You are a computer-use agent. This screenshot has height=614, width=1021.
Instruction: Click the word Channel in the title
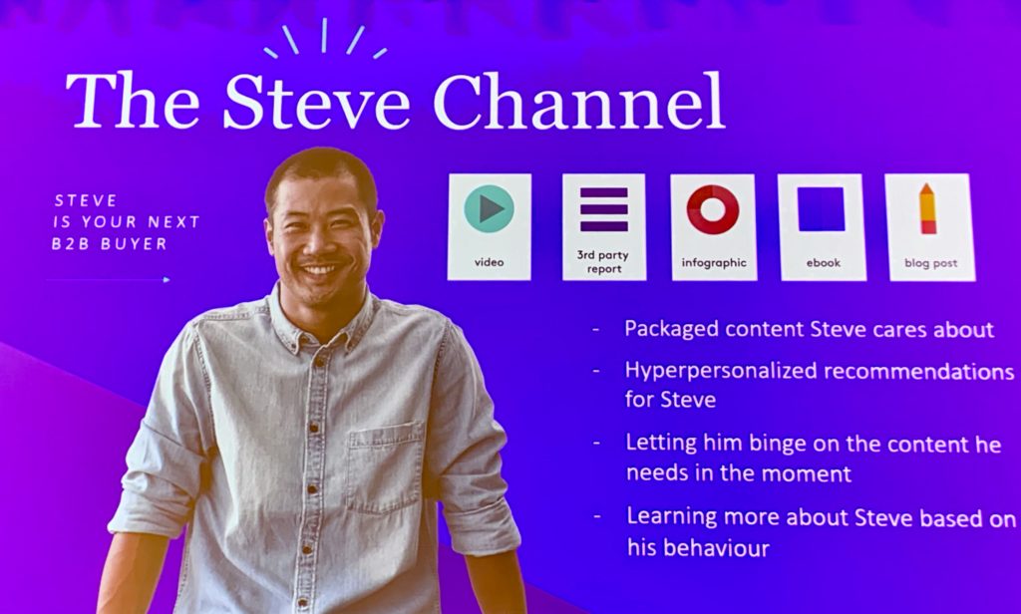tap(578, 101)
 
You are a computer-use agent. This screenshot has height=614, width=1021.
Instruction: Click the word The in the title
tap(133, 101)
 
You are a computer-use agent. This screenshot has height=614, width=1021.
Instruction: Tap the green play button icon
tap(489, 208)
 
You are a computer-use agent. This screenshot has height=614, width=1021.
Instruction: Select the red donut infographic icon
tap(713, 209)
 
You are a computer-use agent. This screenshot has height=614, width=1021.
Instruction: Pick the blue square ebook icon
tap(822, 209)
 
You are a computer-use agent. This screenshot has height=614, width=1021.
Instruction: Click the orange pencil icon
tap(928, 208)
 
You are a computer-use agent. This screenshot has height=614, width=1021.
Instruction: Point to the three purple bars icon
tap(604, 209)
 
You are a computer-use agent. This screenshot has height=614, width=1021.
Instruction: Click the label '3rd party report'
tap(603, 262)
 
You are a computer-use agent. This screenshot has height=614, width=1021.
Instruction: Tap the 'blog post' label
tap(930, 263)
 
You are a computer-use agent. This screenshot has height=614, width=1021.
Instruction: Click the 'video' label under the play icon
tap(489, 262)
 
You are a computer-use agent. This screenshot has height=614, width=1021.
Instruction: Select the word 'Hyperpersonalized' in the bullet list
tap(721, 372)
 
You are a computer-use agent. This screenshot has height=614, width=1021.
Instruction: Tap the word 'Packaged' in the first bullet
tap(671, 330)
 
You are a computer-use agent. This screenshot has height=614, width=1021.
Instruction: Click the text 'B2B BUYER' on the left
tap(110, 243)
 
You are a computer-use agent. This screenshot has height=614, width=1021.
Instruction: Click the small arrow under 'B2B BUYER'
tap(108, 280)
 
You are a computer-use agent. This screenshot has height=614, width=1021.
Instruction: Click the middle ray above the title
tap(324, 35)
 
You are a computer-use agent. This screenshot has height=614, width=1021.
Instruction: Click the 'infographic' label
tap(714, 262)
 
